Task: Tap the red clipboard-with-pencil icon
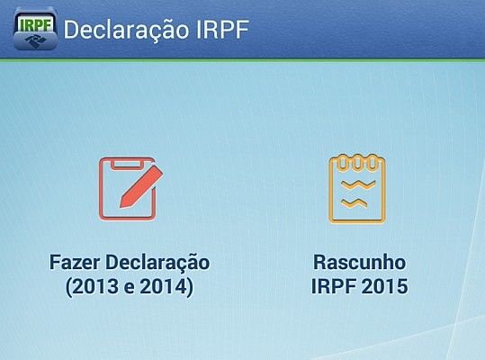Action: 130,189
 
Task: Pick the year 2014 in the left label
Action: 166,288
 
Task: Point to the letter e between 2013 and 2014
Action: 130,288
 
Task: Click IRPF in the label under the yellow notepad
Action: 334,288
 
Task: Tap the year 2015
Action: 385,288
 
